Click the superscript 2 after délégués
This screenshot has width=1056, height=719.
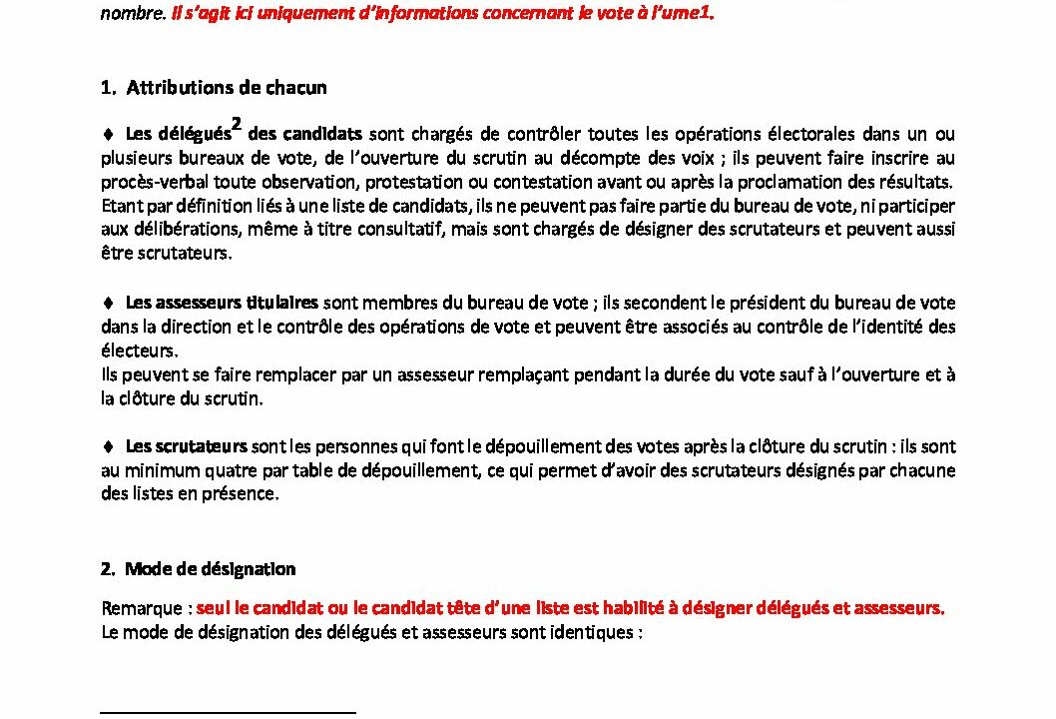238,124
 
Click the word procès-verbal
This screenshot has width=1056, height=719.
144,182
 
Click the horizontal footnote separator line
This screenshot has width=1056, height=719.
229,713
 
